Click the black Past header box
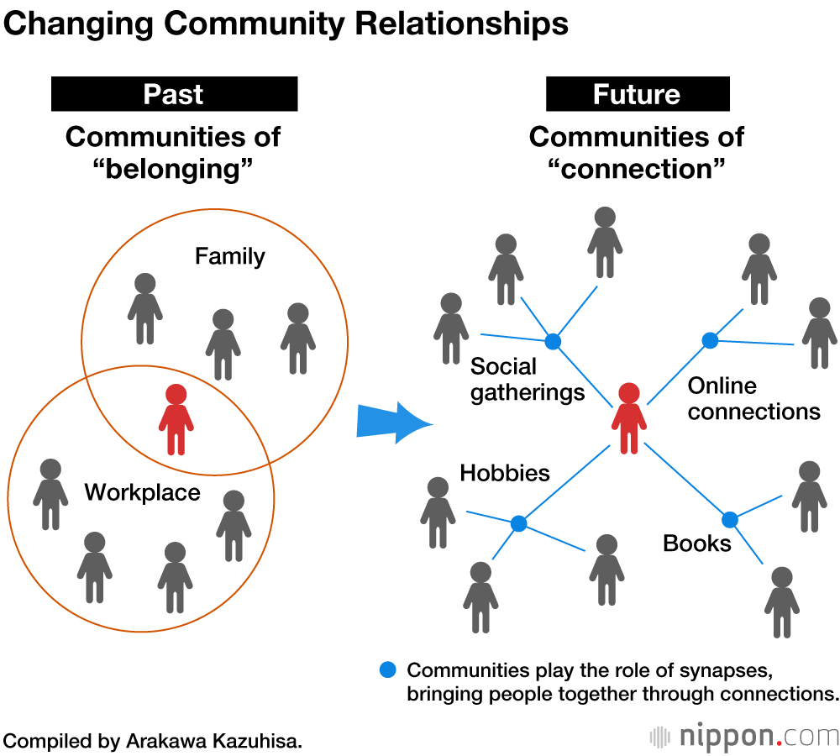pyautogui.click(x=174, y=94)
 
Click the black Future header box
pyautogui.click(x=637, y=94)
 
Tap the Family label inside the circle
pyautogui.click(x=229, y=256)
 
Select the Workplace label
pyautogui.click(x=142, y=492)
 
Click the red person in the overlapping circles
pyautogui.click(x=176, y=419)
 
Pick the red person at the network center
pyautogui.click(x=629, y=417)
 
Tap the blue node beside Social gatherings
pyautogui.click(x=552, y=341)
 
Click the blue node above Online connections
pyautogui.click(x=710, y=340)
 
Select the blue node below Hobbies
pyautogui.click(x=518, y=523)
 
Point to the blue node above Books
pyautogui.click(x=729, y=520)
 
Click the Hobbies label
pyautogui.click(x=505, y=473)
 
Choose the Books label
pyautogui.click(x=697, y=543)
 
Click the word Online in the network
pyautogui.click(x=722, y=386)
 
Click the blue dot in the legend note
pyautogui.click(x=387, y=670)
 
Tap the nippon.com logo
pyautogui.click(x=744, y=737)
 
